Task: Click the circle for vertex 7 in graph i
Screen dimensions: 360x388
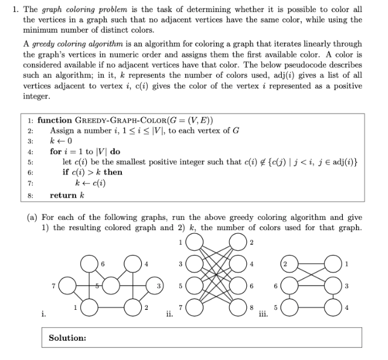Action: click(65, 284)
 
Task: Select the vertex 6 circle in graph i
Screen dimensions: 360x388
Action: click(92, 264)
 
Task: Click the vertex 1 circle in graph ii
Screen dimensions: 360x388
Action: click(194, 243)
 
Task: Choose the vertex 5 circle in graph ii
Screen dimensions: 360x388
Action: click(194, 286)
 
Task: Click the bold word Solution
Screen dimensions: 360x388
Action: click(67, 338)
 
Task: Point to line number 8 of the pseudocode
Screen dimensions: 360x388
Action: click(30, 196)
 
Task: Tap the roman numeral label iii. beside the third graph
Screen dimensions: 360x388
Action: click(262, 313)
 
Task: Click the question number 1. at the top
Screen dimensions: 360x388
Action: click(10, 10)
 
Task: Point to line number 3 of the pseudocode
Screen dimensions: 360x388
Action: click(30, 141)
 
